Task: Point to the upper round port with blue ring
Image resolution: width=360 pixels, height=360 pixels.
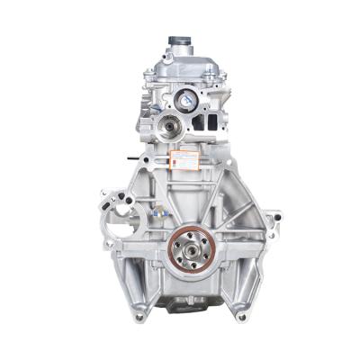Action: coord(187,101)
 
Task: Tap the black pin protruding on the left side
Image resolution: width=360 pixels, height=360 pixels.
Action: coord(134,160)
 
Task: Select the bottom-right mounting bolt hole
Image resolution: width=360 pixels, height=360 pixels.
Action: coord(241,316)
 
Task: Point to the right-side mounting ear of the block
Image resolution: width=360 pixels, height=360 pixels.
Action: coord(273,218)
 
